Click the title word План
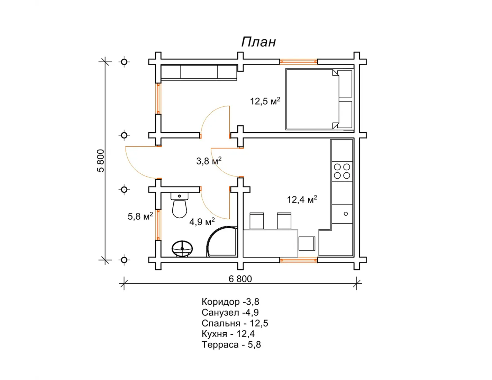(x=258, y=42)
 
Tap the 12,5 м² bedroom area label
(x=265, y=101)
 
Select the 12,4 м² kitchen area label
(x=302, y=199)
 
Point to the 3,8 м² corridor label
(x=209, y=161)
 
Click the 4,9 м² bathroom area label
(x=202, y=222)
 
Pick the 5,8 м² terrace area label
(x=140, y=216)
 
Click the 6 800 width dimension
(x=240, y=279)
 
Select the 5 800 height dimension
(x=101, y=161)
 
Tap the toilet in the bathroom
(x=180, y=205)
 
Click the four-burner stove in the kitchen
(x=342, y=171)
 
